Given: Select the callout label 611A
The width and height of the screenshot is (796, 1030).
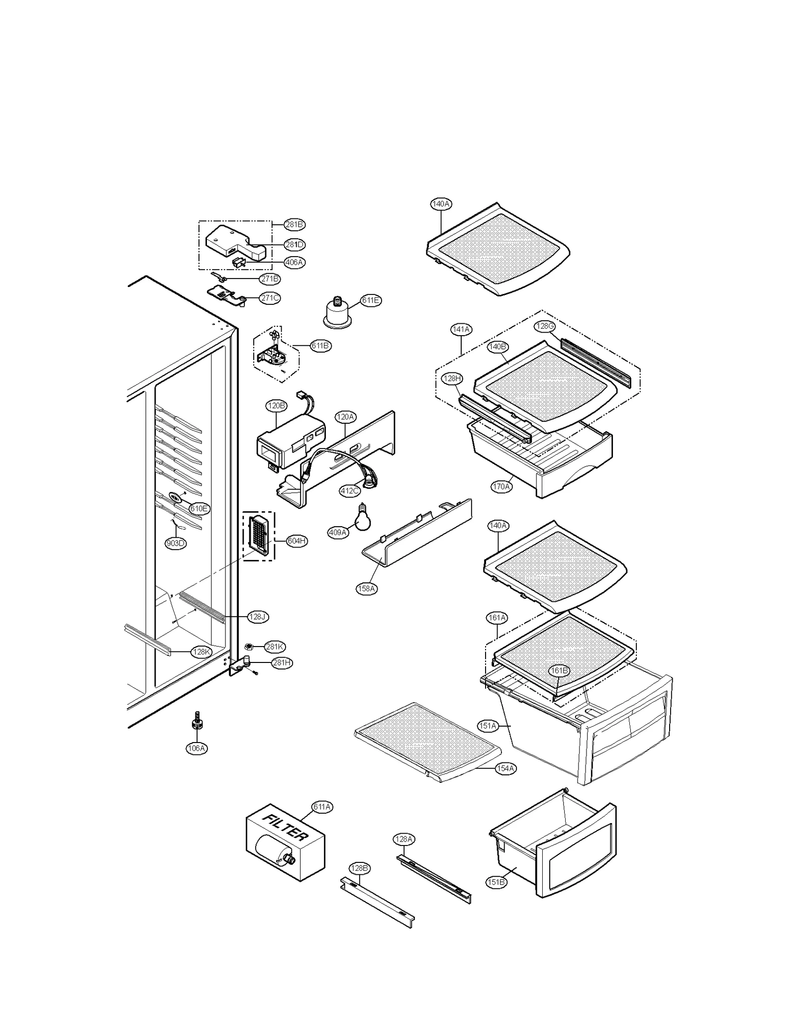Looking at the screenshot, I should click(x=322, y=807).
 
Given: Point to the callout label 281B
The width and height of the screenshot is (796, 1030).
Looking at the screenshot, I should click(x=295, y=224).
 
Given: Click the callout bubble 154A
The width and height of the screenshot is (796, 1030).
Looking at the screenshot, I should click(x=505, y=768).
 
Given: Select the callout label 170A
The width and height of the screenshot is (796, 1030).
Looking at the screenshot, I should click(x=501, y=486).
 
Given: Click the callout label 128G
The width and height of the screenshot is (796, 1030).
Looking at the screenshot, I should click(x=545, y=326).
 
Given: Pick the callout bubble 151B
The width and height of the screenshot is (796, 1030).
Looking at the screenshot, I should click(x=496, y=882).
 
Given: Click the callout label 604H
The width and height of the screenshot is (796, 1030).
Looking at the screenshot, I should click(x=297, y=541).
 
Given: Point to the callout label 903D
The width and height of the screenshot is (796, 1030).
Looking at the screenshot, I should click(x=176, y=543).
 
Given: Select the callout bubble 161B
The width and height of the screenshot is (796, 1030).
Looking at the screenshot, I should click(x=559, y=671).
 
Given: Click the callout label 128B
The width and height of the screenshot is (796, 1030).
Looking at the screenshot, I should click(x=359, y=868).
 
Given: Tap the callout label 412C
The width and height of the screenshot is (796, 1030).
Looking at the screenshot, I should click(x=349, y=491).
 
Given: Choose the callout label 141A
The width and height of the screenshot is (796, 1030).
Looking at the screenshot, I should click(x=461, y=329).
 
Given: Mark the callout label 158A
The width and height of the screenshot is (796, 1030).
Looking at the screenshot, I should click(x=367, y=589).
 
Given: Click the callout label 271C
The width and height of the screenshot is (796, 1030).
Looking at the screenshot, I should click(x=270, y=298).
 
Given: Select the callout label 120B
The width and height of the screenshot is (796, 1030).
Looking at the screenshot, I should click(x=277, y=406).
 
